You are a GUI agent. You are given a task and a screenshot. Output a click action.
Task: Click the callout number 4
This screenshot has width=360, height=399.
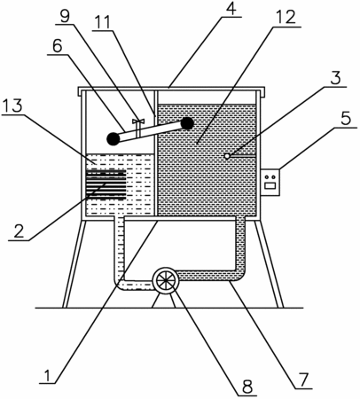[x=231, y=9]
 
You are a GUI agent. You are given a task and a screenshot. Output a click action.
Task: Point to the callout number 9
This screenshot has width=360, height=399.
[x=65, y=16]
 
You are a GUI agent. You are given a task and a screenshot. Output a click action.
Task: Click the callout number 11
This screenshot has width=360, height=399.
[x=101, y=22]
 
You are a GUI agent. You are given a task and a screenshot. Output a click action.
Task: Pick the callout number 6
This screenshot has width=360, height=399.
[x=57, y=46]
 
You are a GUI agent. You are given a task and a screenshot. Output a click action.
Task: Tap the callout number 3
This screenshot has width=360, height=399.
[x=336, y=78]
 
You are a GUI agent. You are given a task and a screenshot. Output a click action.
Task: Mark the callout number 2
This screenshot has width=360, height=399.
[x=19, y=231]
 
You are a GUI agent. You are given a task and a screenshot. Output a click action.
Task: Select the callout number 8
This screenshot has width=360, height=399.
[x=247, y=387]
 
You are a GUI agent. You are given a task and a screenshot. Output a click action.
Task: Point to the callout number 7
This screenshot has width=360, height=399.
[x=303, y=379]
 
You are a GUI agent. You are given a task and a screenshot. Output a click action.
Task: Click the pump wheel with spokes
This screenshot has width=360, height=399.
[x=166, y=280]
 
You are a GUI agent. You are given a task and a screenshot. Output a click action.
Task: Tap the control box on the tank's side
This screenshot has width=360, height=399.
[x=270, y=182]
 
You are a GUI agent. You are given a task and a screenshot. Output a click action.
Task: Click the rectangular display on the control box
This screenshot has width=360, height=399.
[x=270, y=186]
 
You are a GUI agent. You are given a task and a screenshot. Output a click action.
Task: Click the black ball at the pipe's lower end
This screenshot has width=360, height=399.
[x=113, y=138]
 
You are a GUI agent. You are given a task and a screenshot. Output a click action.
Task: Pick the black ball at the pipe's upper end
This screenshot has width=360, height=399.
[x=187, y=123]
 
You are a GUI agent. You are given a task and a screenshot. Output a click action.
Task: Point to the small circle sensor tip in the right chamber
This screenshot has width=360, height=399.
[x=227, y=156]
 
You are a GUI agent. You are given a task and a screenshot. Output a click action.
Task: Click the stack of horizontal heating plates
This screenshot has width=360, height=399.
[x=106, y=184]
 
